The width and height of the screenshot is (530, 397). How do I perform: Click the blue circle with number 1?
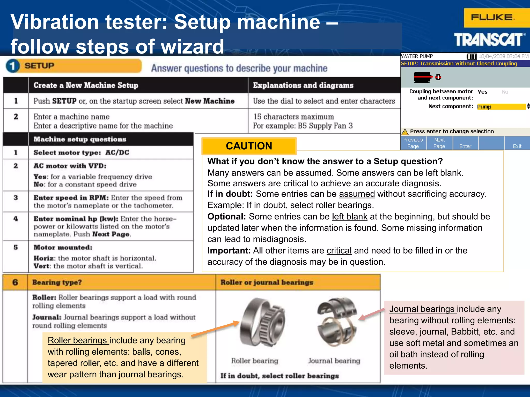tap(12, 66)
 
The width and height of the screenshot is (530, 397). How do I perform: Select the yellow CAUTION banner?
tap(249, 146)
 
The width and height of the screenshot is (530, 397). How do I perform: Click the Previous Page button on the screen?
tap(413, 143)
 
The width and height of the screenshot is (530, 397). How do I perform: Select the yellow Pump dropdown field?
tap(501, 106)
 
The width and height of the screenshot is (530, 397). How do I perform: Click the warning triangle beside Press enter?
tap(405, 132)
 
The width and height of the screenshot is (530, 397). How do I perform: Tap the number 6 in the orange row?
tap(15, 282)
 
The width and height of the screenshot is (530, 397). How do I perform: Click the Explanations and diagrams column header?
tap(303, 85)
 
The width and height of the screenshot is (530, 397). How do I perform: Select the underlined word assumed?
tap(357, 194)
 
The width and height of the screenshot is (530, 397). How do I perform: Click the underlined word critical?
tap(339, 250)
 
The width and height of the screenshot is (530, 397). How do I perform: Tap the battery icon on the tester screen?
tap(472, 56)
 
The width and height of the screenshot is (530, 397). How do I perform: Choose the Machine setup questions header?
tap(80, 139)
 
